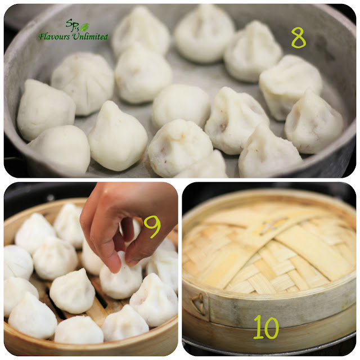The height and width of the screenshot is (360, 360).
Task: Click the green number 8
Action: click(299, 38)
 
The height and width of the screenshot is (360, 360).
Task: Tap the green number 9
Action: click(152, 227)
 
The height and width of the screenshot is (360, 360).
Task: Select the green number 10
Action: click(266, 327)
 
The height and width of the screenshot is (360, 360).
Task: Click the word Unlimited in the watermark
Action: click(90, 36)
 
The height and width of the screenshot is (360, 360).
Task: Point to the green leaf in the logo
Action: click(85, 27)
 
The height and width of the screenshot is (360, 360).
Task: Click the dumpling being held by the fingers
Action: click(121, 276)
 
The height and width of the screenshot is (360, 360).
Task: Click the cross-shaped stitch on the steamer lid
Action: click(272, 224)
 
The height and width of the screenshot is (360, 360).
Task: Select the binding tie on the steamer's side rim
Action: click(199, 304)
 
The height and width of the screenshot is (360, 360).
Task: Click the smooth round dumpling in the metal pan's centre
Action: click(181, 106)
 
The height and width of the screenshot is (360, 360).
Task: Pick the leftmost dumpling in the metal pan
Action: click(46, 110)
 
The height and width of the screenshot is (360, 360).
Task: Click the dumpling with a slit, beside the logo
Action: click(83, 83)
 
